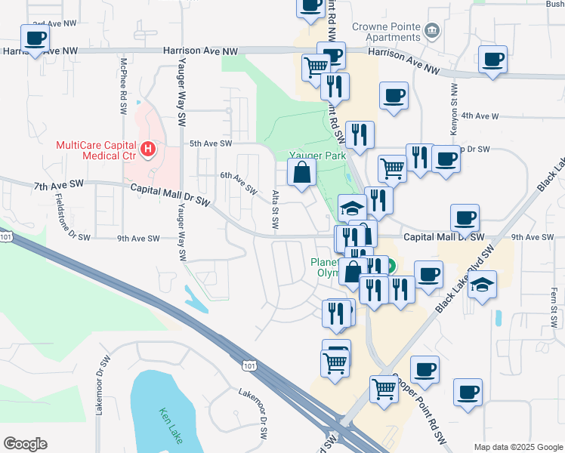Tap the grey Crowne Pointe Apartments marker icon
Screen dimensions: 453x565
[x=432, y=30]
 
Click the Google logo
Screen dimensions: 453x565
[x=25, y=444]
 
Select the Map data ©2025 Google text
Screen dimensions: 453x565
[x=517, y=447]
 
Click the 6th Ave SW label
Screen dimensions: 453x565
[x=239, y=182]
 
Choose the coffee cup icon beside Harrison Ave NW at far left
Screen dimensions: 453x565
[x=35, y=38]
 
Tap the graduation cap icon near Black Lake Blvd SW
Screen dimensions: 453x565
[x=482, y=285]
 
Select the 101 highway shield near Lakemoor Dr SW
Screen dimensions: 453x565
[x=249, y=366]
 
